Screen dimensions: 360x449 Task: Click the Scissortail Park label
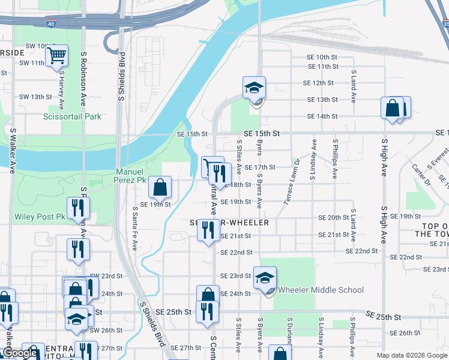pyautogui.click(x=72, y=116)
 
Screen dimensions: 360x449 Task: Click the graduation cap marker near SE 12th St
pyautogui.click(x=254, y=88)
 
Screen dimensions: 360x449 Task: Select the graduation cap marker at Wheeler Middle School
pyautogui.click(x=265, y=278)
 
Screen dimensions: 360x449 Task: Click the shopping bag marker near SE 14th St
pyautogui.click(x=393, y=109)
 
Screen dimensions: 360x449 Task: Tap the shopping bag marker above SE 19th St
pyautogui.click(x=160, y=187)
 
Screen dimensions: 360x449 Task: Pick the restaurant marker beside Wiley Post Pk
pyautogui.click(x=78, y=208)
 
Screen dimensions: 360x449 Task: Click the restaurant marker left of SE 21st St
pyautogui.click(x=208, y=230)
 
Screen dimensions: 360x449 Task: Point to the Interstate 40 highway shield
pyautogui.click(x=50, y=24)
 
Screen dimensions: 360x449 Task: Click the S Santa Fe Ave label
pyautogui.click(x=135, y=228)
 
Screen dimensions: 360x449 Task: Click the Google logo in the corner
pyautogui.click(x=20, y=352)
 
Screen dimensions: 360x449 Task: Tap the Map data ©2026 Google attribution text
pyautogui.click(x=412, y=355)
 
